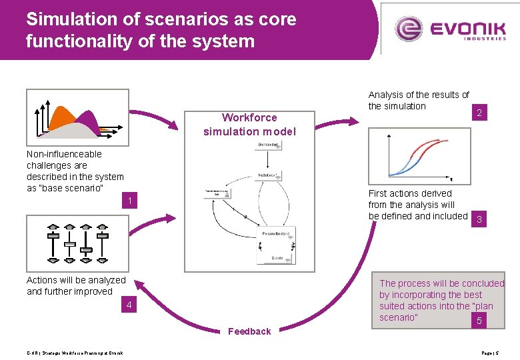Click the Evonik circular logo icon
[408, 29]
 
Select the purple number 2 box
[479, 113]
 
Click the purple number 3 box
[478, 220]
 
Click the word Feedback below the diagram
[249, 331]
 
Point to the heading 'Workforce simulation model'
[249, 125]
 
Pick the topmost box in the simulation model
[267, 145]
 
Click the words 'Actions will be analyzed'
[75, 280]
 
